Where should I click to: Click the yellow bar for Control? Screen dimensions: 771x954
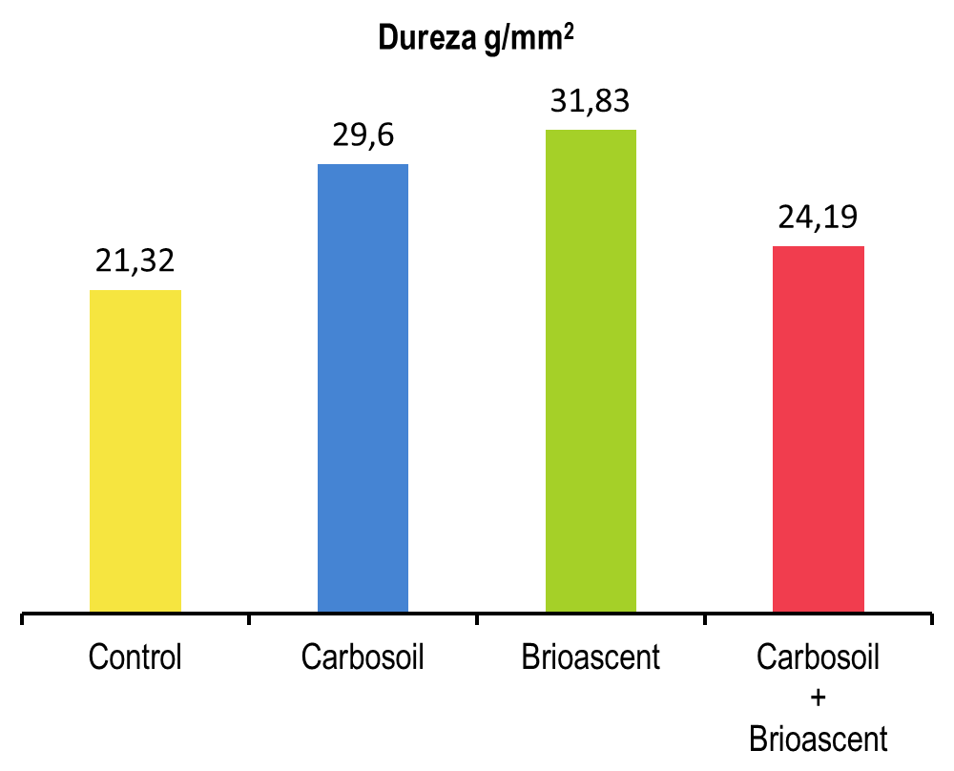(x=135, y=450)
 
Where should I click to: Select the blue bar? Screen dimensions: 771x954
(x=363, y=387)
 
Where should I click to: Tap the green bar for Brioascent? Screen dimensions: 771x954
(x=591, y=370)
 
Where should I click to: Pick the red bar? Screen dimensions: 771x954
(x=819, y=428)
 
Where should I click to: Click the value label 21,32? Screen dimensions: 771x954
(x=135, y=260)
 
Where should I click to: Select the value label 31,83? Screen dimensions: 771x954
(x=591, y=100)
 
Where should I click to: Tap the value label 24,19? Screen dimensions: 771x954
(x=819, y=217)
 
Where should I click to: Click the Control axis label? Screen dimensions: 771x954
(x=135, y=657)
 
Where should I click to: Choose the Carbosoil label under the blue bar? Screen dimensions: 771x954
(x=363, y=657)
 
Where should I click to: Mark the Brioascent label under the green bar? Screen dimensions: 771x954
(x=591, y=657)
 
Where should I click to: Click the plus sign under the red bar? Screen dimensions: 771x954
(x=818, y=698)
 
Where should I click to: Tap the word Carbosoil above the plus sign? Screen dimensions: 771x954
(x=818, y=657)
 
